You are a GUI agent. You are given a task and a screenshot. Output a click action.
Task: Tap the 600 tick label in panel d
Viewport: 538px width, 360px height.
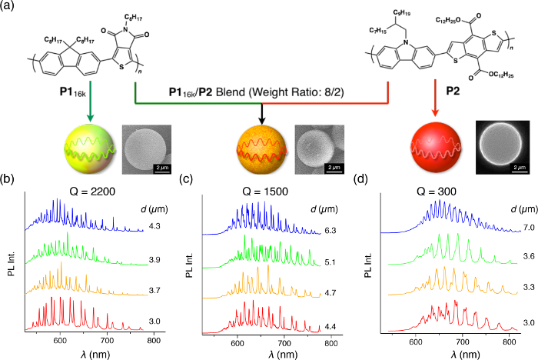[x=416, y=339]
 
